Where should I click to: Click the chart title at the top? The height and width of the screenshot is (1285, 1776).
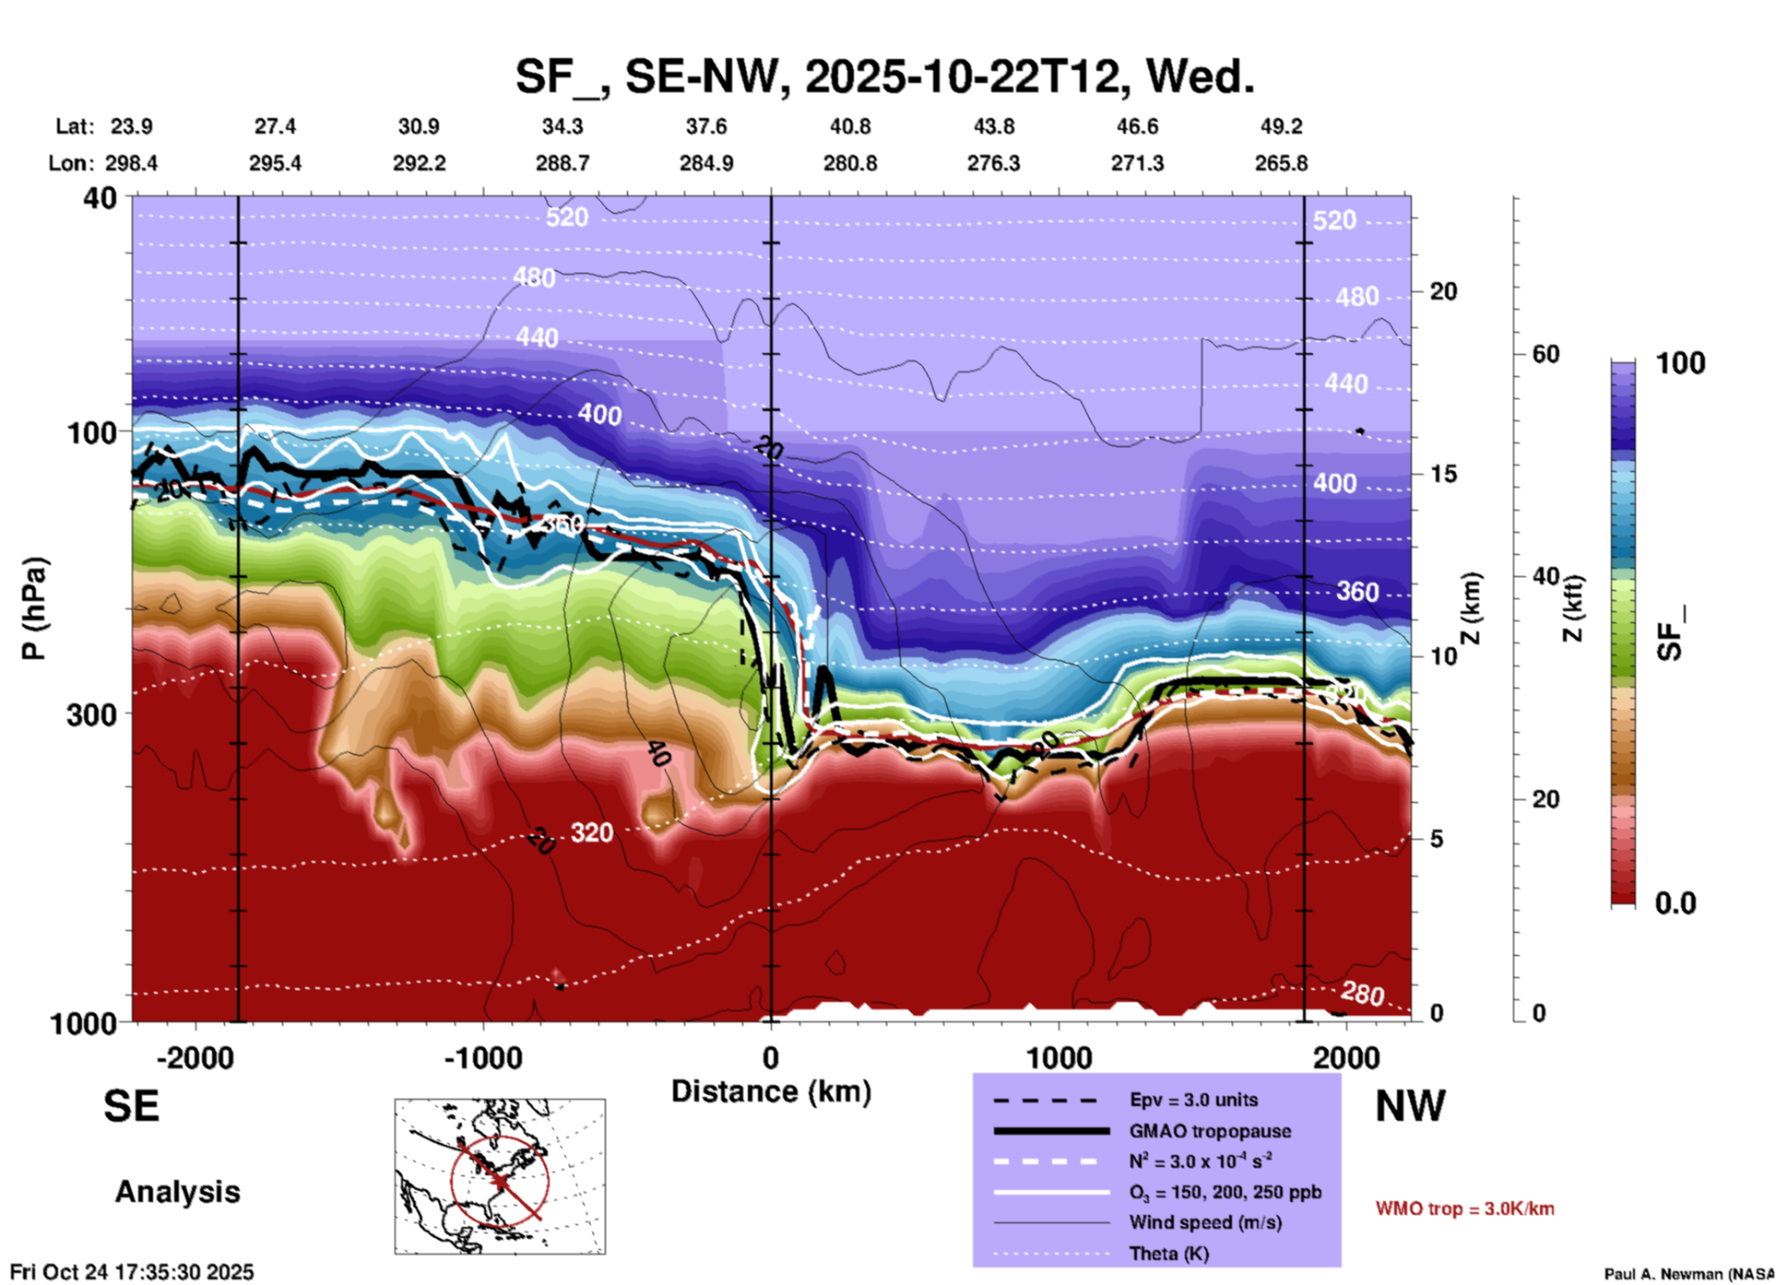(884, 76)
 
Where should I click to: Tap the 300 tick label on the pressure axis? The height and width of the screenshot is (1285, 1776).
(91, 714)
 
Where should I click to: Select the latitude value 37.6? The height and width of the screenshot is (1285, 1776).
(706, 126)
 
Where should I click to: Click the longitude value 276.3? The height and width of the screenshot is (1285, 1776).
(993, 163)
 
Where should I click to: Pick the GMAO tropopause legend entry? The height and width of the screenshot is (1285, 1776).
(1210, 1131)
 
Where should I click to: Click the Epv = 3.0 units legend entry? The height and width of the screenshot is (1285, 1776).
(1193, 1100)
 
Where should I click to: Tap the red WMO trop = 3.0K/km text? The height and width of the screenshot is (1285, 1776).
(1464, 1208)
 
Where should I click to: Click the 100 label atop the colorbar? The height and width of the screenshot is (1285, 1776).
(1680, 363)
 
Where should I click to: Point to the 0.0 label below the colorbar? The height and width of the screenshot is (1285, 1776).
(1675, 903)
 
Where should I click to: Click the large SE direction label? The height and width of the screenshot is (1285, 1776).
(131, 1106)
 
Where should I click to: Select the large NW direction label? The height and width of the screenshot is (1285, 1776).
(1410, 1106)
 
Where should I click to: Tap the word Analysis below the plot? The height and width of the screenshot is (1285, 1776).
(177, 1192)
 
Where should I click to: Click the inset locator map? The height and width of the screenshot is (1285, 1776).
(500, 1176)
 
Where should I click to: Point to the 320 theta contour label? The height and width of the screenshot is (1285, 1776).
(591, 832)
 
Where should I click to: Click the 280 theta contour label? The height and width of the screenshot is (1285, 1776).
(1362, 994)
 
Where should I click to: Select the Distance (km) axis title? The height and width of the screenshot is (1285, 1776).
(771, 1091)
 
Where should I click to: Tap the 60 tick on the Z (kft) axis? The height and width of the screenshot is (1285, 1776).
(1545, 354)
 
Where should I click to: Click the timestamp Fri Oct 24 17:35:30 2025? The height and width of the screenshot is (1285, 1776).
(132, 1272)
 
